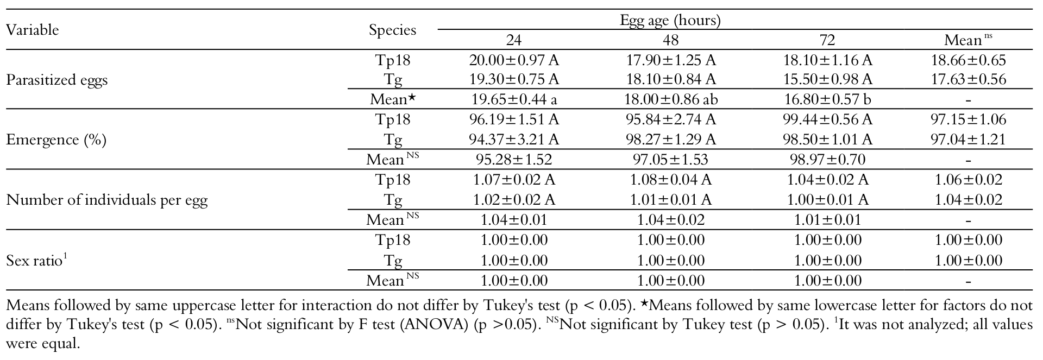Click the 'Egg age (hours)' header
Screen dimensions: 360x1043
tap(670, 21)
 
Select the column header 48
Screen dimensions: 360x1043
tap(670, 40)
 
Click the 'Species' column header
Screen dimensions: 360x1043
tap(392, 30)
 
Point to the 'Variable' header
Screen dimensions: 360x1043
tap(32, 30)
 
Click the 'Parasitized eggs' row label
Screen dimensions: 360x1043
tap(56, 80)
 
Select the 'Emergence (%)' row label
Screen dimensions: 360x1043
tap(56, 140)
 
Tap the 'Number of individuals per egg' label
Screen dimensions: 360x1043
tap(106, 200)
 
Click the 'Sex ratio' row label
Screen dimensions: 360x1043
tap(36, 260)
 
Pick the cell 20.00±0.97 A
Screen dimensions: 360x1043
tap(514, 60)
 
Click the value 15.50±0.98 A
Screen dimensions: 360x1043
tap(827, 79)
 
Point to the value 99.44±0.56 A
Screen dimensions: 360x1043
tap(827, 119)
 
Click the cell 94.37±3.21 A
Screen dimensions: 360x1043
tap(514, 140)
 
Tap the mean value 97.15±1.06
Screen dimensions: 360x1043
tap(969, 119)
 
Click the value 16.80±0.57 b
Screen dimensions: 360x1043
tap(827, 99)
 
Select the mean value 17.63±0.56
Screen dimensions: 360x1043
tap(969, 79)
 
